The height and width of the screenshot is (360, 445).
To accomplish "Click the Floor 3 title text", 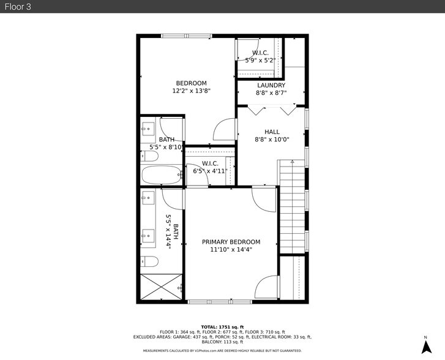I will pos(18,6).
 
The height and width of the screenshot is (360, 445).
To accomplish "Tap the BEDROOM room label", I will pos(191,83).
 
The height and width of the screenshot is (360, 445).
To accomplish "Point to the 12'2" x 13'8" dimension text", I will pos(191,91).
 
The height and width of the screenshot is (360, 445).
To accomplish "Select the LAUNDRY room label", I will pos(271,85).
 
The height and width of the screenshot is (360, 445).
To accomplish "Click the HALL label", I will pos(272,132).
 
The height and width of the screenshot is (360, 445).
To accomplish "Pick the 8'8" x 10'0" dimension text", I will pos(272,140).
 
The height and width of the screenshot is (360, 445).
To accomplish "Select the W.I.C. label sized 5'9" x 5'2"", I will pos(260,53).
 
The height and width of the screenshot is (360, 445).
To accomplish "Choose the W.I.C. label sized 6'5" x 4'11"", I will pos(210,163).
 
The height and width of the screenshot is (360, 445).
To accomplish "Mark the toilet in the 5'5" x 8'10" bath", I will pos(149,157).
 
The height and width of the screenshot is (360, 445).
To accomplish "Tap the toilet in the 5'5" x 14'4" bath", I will pos(149,262).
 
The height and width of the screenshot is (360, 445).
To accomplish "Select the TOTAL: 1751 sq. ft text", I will pos(222,327).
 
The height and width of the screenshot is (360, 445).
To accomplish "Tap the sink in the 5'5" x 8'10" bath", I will pos(148,129).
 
